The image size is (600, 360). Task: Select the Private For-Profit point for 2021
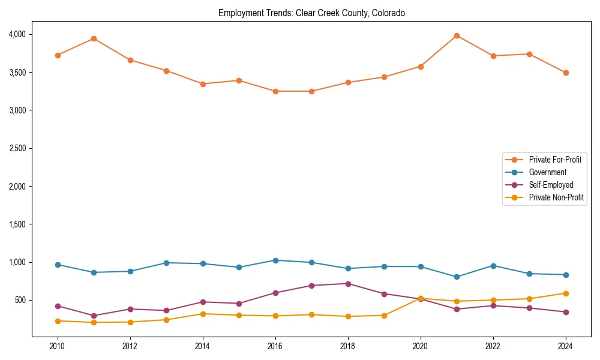pos(457,35)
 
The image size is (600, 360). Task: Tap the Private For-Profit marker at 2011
pos(94,38)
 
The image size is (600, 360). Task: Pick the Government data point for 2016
pos(275,260)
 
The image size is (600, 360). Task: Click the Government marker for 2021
pos(457,277)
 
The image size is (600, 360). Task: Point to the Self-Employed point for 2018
pos(348,284)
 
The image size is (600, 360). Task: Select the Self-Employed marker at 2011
pos(94,316)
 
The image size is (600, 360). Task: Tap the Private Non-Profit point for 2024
pos(566,293)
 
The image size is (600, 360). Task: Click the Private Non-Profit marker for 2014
pos(203,314)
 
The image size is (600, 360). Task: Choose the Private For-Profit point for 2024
pos(566,73)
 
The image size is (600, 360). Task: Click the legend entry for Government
pos(547,172)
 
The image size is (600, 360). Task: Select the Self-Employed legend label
pos(551,185)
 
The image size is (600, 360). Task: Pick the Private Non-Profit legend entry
pos(556,197)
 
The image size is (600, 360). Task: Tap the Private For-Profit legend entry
pos(555,160)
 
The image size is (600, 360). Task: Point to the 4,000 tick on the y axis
pos(17,34)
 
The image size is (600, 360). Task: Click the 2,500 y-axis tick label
pos(17,148)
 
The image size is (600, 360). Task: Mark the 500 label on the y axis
pos(21,300)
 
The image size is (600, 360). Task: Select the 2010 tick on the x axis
pos(58,346)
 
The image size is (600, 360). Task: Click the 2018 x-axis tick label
pos(348,346)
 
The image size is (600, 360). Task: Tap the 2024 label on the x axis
pos(566,346)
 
